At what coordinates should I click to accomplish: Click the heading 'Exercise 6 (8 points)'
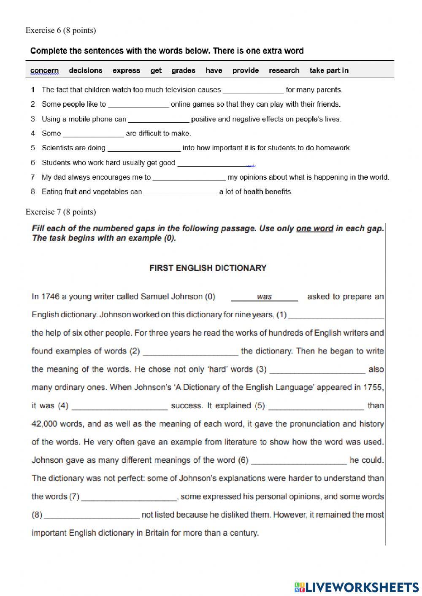click(x=61, y=30)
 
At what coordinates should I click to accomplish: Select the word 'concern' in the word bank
click(x=44, y=70)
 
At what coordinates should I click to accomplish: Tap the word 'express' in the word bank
click(x=126, y=70)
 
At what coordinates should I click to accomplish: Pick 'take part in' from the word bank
click(x=329, y=70)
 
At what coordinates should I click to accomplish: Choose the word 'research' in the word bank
click(x=284, y=70)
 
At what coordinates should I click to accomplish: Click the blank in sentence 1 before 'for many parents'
click(x=253, y=90)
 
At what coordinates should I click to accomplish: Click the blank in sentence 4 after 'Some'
click(x=93, y=134)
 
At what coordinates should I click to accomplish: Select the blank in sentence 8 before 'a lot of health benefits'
click(x=181, y=192)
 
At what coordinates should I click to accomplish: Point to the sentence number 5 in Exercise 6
click(x=33, y=148)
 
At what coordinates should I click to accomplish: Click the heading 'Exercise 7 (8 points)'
click(x=61, y=212)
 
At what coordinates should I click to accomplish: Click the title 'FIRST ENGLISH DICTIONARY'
click(x=208, y=268)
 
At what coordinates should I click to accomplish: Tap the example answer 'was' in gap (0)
click(x=264, y=297)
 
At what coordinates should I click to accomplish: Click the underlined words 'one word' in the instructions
click(x=314, y=229)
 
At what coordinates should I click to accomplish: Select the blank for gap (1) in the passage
click(x=336, y=315)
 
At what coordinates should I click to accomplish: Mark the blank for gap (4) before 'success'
click(x=120, y=406)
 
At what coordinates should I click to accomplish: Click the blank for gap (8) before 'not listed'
click(x=92, y=515)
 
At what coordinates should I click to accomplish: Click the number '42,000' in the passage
click(x=44, y=424)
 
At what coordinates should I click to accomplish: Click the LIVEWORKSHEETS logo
click(x=357, y=587)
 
